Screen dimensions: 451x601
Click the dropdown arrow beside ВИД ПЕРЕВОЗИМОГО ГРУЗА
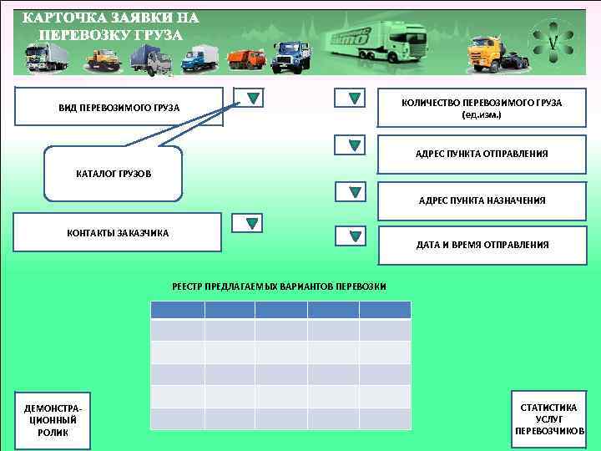[253, 99]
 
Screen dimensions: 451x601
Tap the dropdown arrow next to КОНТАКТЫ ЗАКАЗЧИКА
[250, 223]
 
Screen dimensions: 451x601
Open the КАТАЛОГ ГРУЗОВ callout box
[113, 174]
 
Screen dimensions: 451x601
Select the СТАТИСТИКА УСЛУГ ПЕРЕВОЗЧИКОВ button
[548, 419]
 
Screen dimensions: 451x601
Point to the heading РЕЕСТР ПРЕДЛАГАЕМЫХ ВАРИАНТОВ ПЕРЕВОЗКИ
[279, 286]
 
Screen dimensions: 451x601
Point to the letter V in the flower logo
[553, 41]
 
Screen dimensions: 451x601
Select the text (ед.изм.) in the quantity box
[482, 114]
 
